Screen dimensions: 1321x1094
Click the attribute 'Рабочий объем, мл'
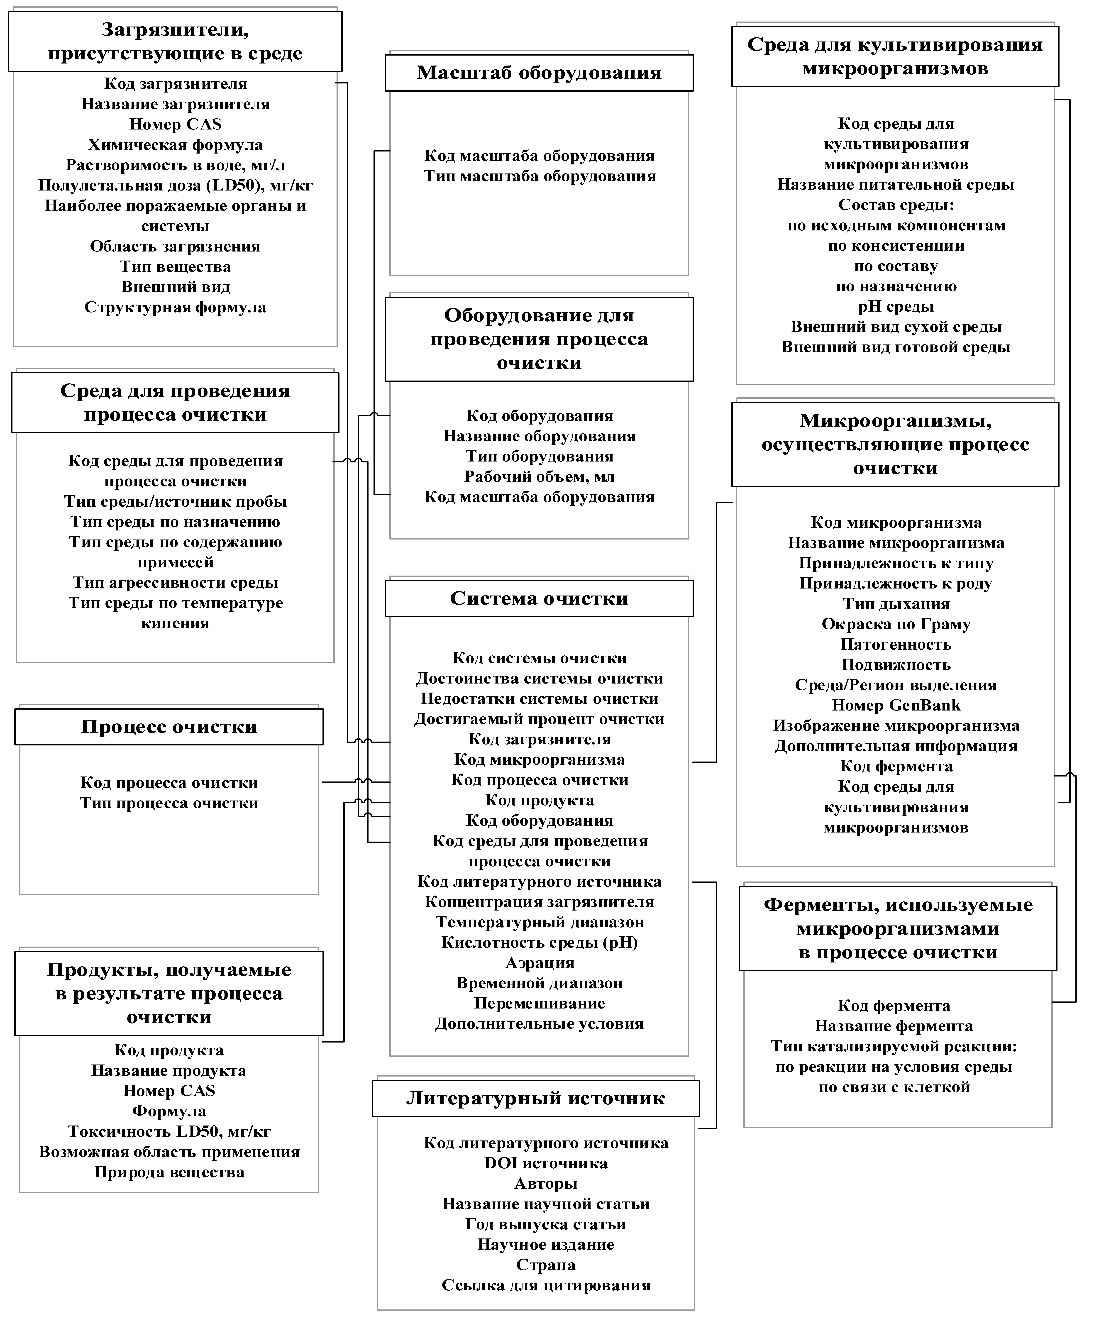(x=539, y=477)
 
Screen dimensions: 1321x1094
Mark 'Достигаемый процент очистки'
(x=539, y=719)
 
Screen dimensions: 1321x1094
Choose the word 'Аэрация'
(x=539, y=963)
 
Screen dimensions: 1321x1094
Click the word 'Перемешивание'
(x=539, y=1003)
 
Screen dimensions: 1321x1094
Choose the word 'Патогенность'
(x=896, y=645)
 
